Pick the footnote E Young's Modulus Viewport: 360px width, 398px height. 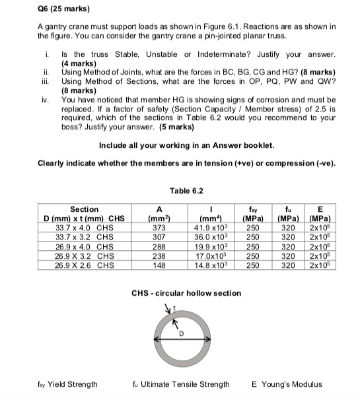287,383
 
